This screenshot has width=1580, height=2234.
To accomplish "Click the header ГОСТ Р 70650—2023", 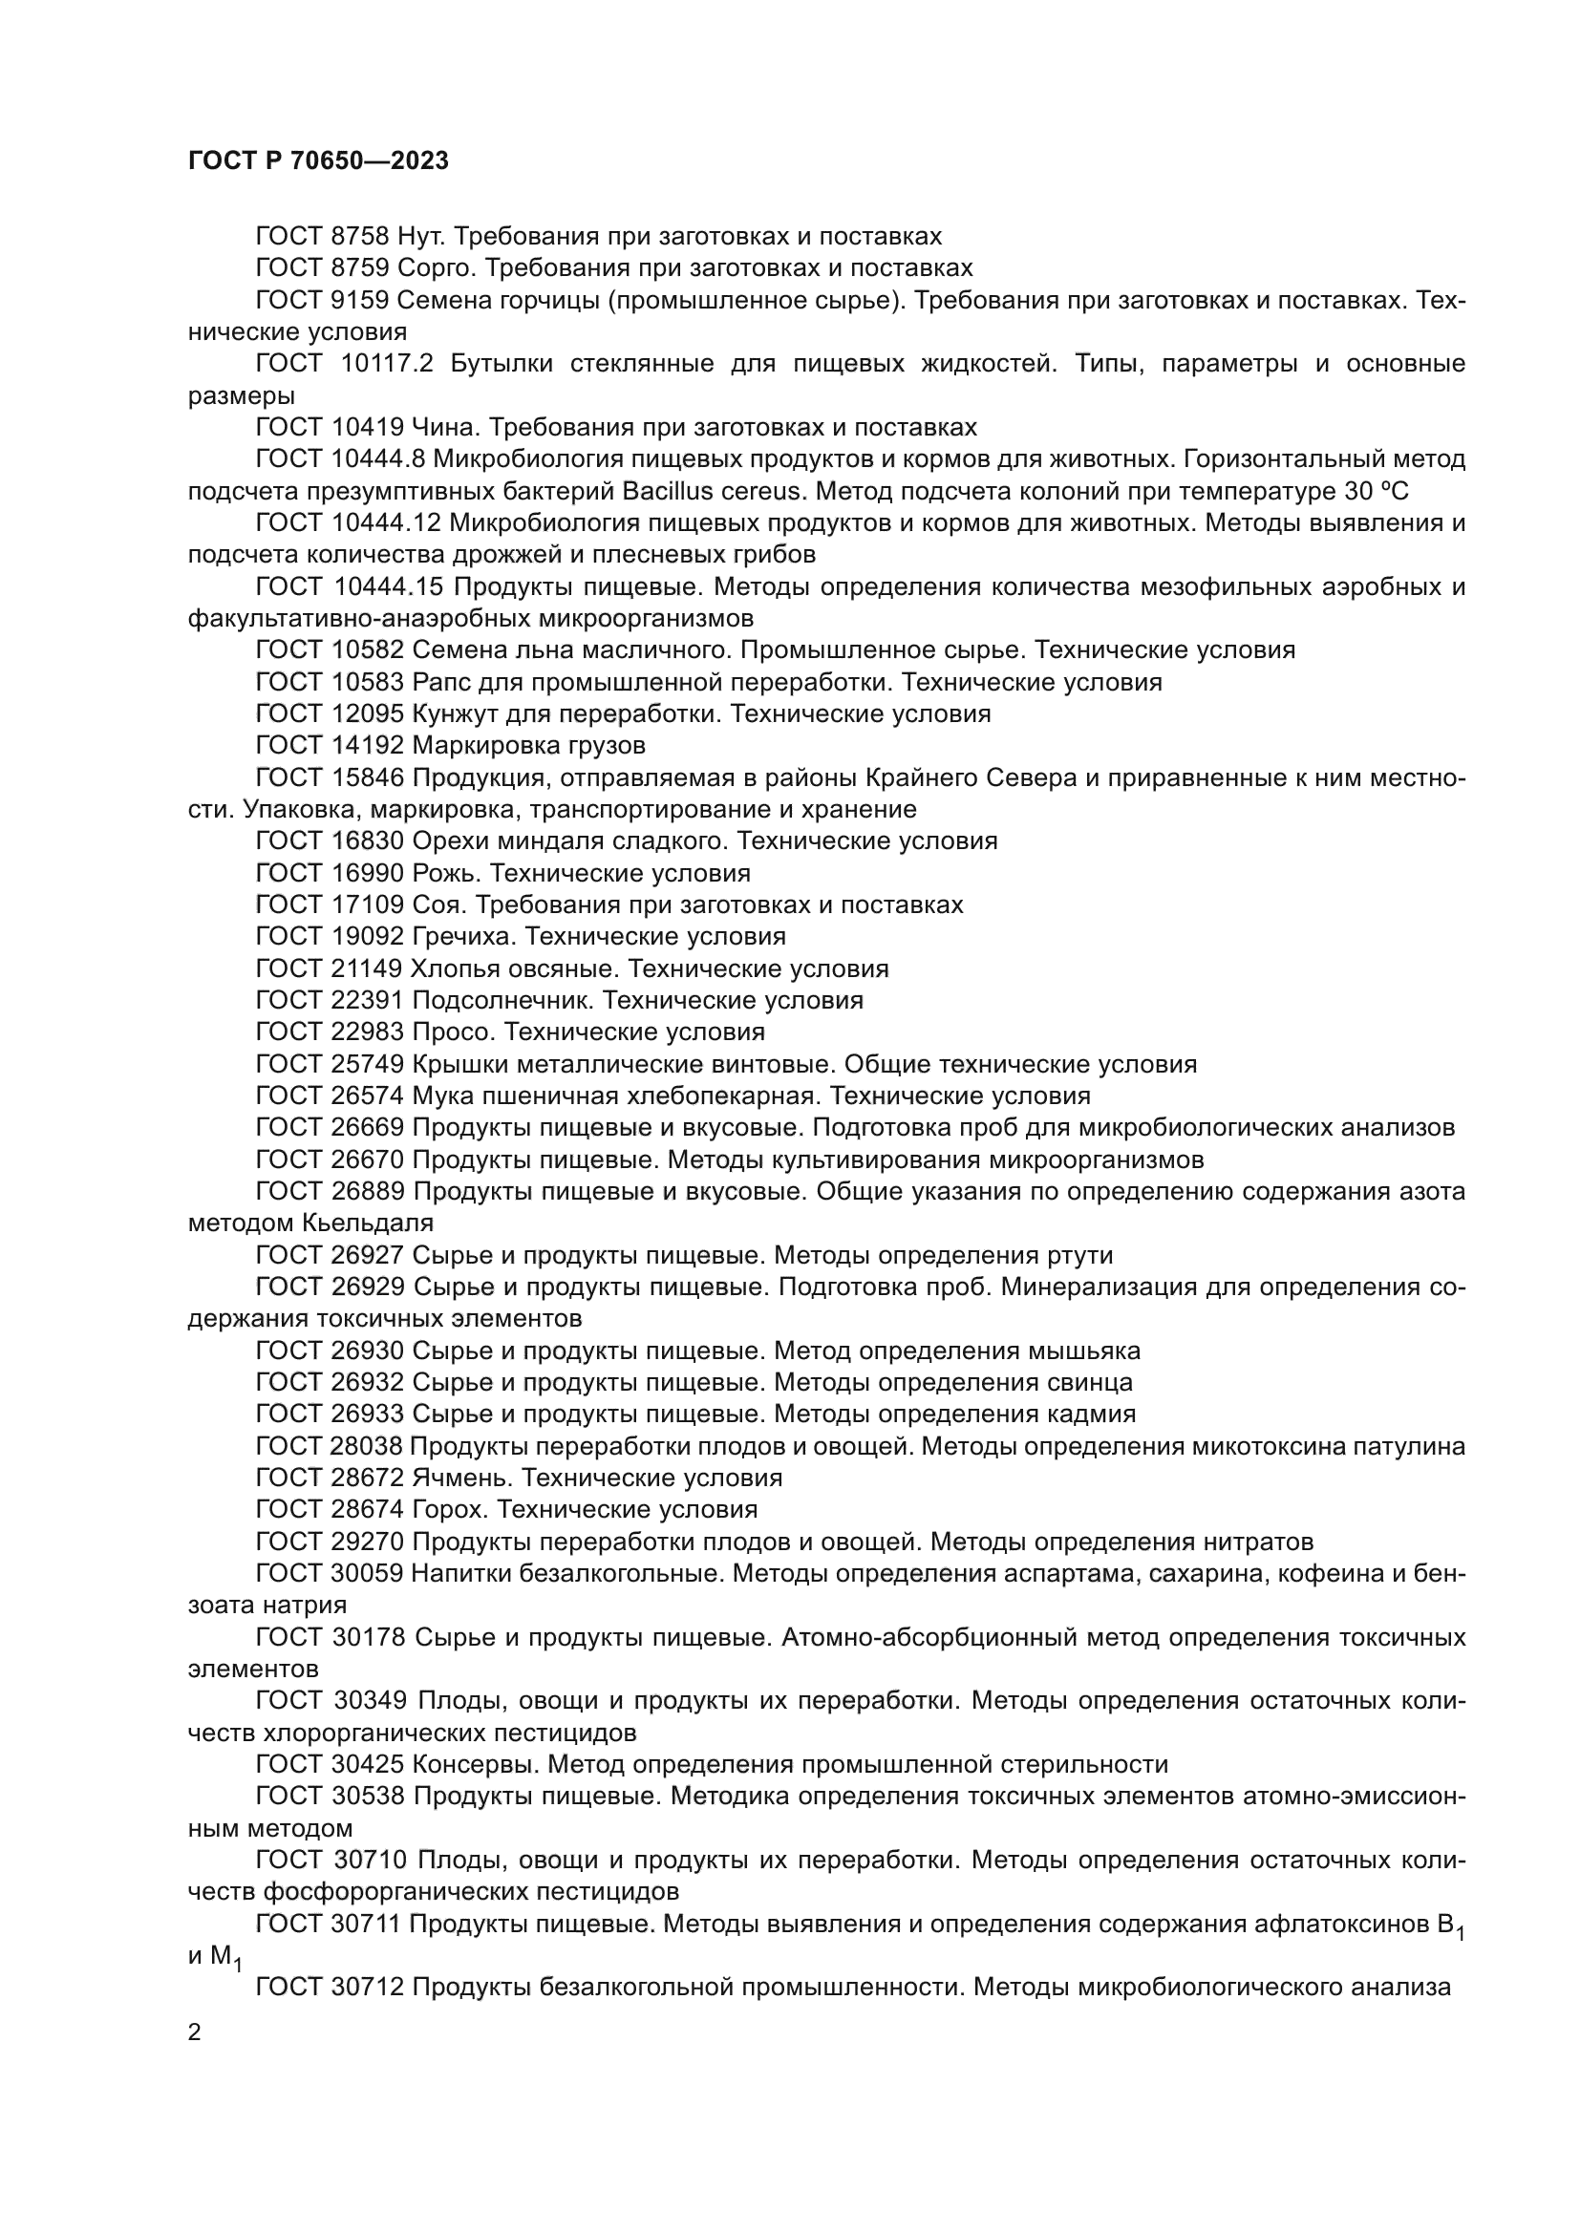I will pos(318,161).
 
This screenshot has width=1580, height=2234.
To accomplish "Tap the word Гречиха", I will pos(460,937).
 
